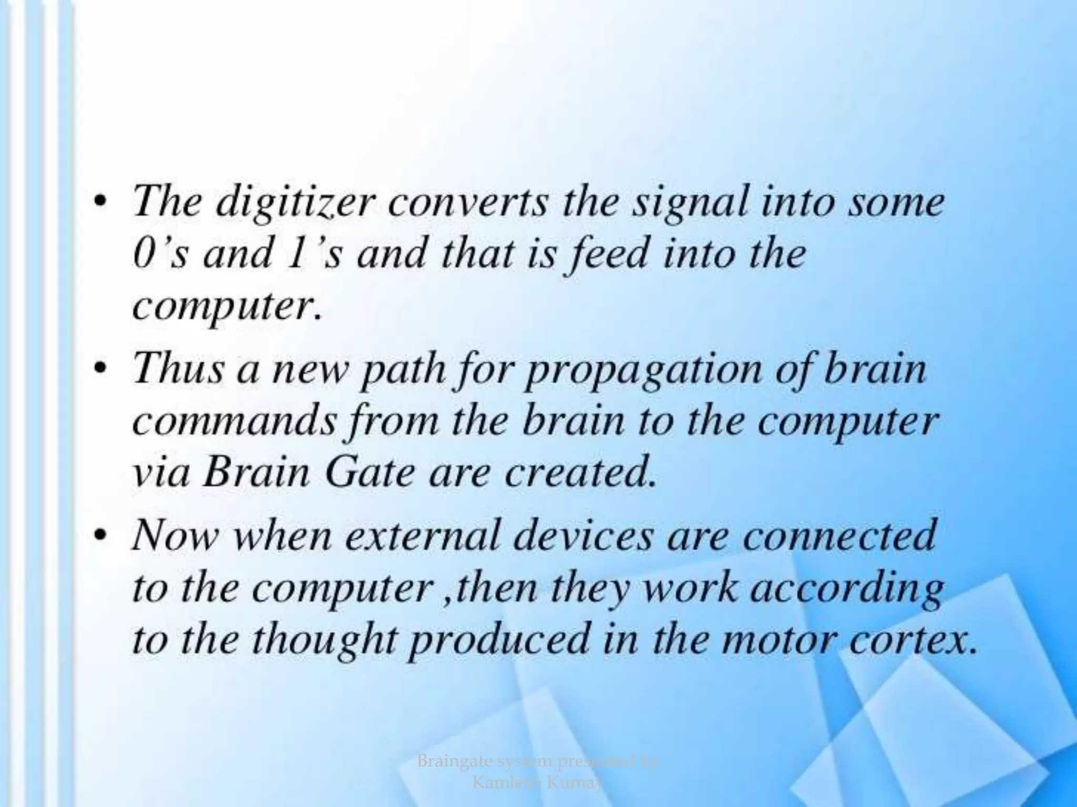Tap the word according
pyautogui.click(x=846, y=590)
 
